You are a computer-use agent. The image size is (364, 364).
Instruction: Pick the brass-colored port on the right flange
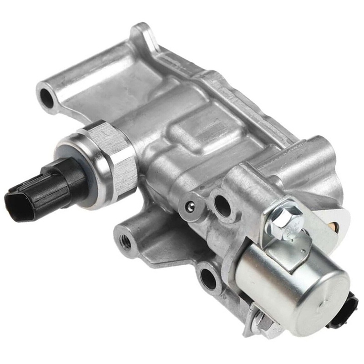[334, 226]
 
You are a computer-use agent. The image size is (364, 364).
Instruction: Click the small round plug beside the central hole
[190, 207]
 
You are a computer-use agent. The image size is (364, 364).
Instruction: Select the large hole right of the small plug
[222, 206]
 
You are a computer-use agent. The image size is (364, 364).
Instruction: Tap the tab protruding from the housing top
[139, 34]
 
